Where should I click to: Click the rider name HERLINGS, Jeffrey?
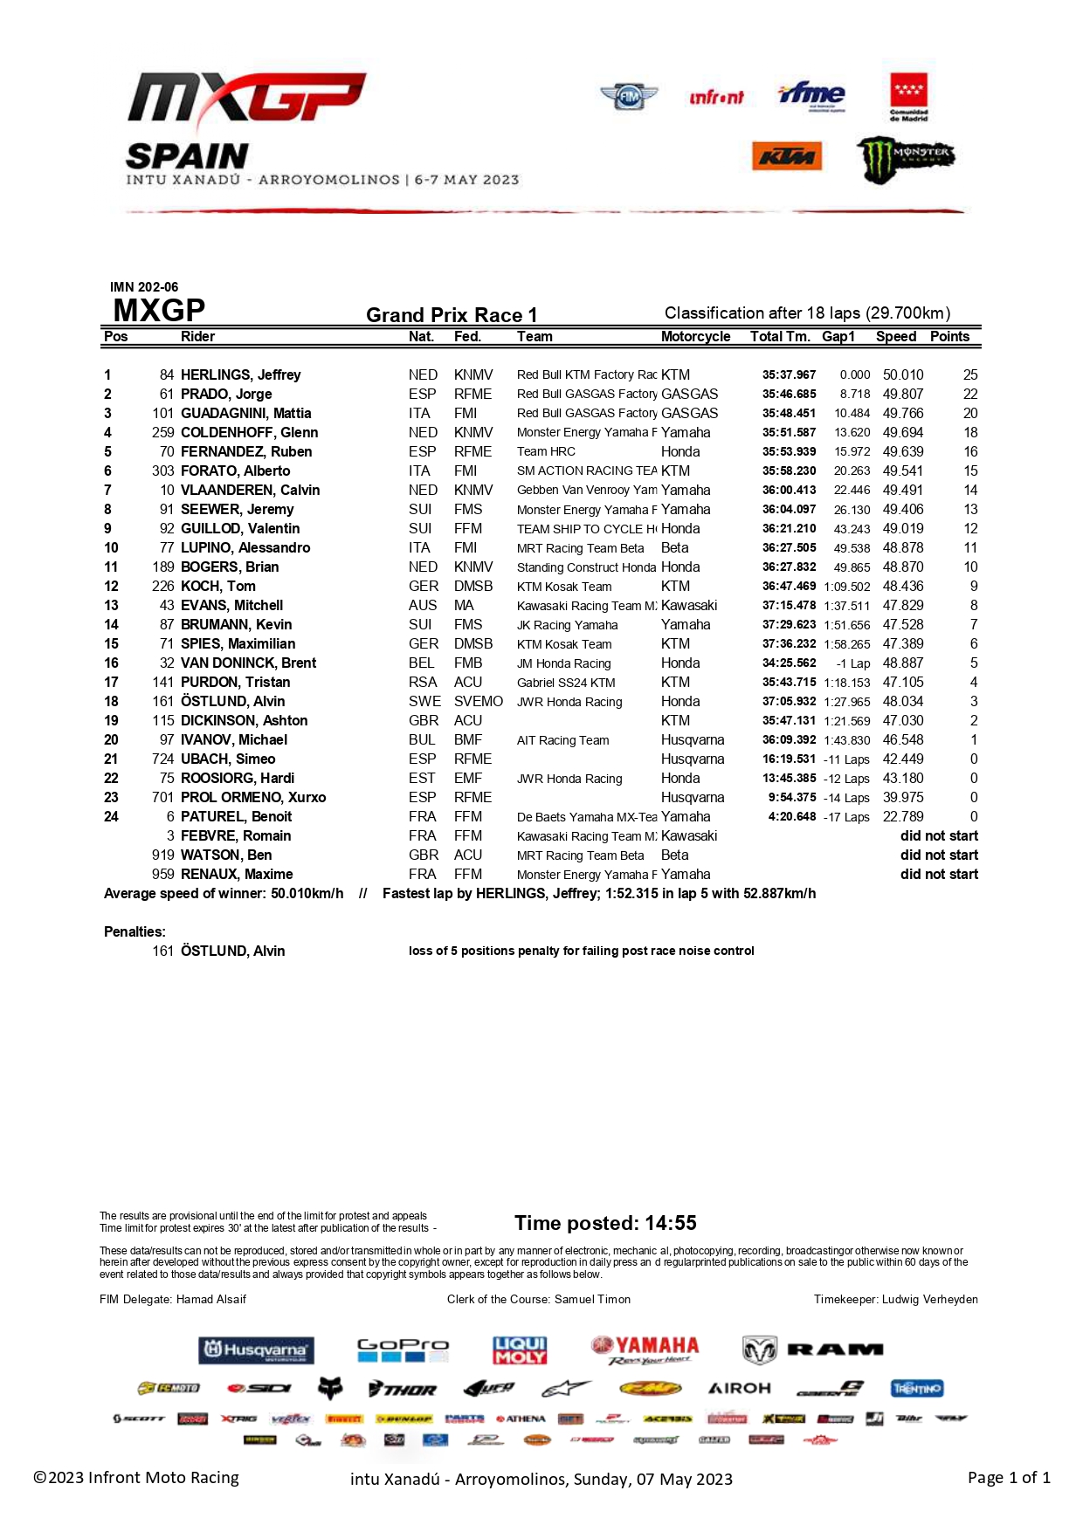click(240, 374)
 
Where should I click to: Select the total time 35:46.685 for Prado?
click(789, 394)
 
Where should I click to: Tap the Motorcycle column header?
click(695, 336)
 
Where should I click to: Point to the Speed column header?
click(896, 336)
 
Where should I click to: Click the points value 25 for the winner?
click(970, 374)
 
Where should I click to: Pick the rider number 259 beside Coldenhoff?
click(163, 432)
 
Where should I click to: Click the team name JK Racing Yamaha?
click(567, 625)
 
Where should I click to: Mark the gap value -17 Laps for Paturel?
click(846, 817)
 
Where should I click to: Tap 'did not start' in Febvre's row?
click(939, 835)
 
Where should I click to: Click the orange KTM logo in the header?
click(786, 156)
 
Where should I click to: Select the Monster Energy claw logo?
click(904, 159)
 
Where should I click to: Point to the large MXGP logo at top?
click(246, 98)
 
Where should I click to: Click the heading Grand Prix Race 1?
click(452, 314)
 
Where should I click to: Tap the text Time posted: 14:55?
click(605, 1223)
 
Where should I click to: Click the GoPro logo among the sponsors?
click(403, 1350)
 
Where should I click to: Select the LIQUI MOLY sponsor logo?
click(520, 1350)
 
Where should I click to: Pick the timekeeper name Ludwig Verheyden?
click(929, 1299)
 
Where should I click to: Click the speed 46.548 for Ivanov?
click(903, 739)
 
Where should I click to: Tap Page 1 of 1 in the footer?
click(1009, 1477)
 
